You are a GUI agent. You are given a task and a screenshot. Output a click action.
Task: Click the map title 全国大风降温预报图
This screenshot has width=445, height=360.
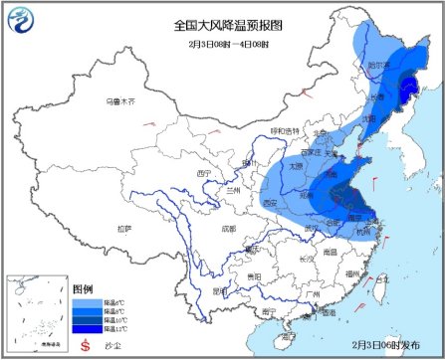click(x=222, y=23)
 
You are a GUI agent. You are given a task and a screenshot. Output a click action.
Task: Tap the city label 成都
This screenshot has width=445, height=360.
click(x=230, y=229)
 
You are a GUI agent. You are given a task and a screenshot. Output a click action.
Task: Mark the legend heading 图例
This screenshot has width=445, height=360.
click(x=86, y=286)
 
